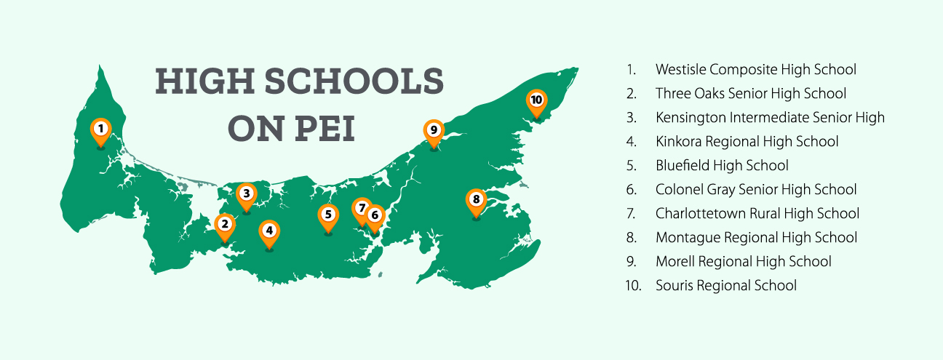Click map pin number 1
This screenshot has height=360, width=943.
[x=101, y=129]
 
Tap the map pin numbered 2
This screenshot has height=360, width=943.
[x=225, y=225]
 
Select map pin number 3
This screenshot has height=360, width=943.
[x=247, y=193]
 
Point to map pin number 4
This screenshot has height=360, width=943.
[x=269, y=231]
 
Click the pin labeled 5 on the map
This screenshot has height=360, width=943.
[x=328, y=215]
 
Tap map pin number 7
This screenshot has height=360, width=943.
[x=361, y=208]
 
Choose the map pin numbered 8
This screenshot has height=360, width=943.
[x=476, y=199]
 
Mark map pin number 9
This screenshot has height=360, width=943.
[x=433, y=131]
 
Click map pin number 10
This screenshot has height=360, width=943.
[x=536, y=100]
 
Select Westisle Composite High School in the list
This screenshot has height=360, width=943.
[x=755, y=70]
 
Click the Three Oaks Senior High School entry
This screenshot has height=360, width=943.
[x=750, y=94]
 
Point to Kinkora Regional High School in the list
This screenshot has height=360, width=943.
[x=747, y=142]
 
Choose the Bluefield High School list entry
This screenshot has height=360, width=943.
[x=722, y=166]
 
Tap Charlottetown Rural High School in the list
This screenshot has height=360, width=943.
[x=757, y=214]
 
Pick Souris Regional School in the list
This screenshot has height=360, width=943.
[x=725, y=286]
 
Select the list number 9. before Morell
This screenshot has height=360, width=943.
[x=631, y=262]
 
